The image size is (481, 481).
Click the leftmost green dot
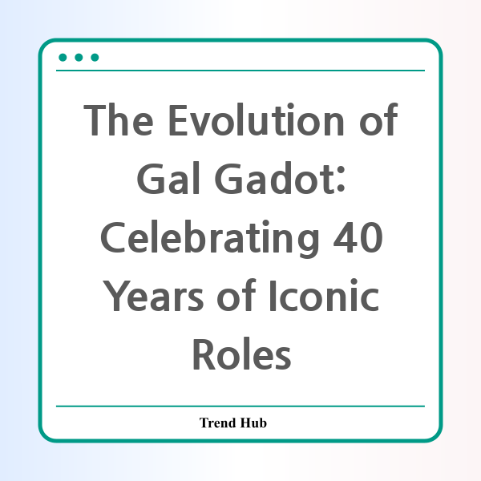pyautogui.click(x=63, y=58)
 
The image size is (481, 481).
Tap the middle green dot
pyautogui.click(x=79, y=58)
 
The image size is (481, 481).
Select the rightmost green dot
pyautogui.click(x=95, y=58)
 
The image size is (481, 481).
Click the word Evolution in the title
pyautogui.click(x=257, y=120)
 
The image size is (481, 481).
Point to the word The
pyautogui.click(x=119, y=120)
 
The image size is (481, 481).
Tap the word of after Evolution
pyautogui.click(x=379, y=119)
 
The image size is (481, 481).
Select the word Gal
pyautogui.click(x=168, y=178)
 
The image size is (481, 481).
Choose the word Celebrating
pyautogui.click(x=210, y=238)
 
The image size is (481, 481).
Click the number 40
pyautogui.click(x=358, y=237)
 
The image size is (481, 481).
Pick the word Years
pyautogui.click(x=153, y=295)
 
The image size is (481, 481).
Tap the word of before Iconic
pyautogui.click(x=236, y=295)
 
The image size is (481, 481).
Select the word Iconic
pyautogui.click(x=325, y=295)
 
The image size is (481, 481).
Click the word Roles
pyautogui.click(x=242, y=354)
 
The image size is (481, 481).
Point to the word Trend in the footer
pyautogui.click(x=217, y=422)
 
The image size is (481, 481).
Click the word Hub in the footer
pyautogui.click(x=253, y=422)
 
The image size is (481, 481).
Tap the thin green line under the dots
pyautogui.click(x=240, y=71)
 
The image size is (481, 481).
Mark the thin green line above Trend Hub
pyautogui.click(x=240, y=406)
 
